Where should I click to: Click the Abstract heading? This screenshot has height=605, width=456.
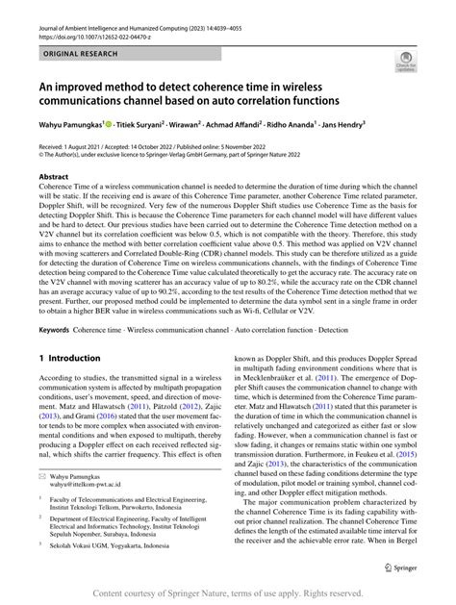[53, 178]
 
